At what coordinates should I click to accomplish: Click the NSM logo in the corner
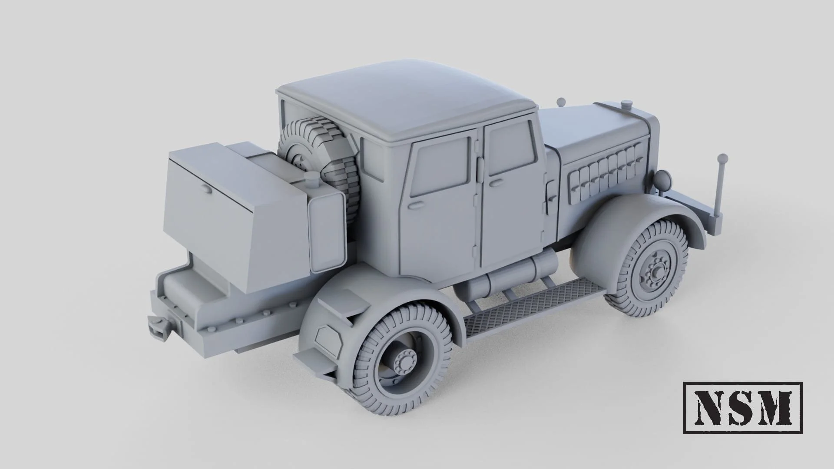click(742, 407)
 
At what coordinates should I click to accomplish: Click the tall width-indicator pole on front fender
click(722, 185)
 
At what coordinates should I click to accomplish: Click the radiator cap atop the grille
click(626, 104)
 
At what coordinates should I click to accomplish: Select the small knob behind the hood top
click(561, 102)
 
